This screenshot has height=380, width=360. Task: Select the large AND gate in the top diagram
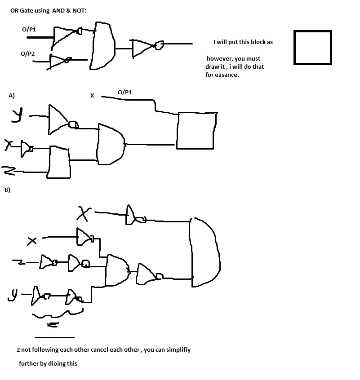click(x=103, y=46)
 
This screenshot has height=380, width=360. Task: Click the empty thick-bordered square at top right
click(x=312, y=48)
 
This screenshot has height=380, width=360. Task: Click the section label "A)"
click(x=12, y=96)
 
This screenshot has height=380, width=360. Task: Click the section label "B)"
click(x=7, y=190)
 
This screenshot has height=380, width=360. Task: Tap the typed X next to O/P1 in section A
click(x=92, y=96)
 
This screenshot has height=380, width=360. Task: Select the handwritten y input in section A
click(x=18, y=115)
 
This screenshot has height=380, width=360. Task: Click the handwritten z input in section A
click(x=8, y=171)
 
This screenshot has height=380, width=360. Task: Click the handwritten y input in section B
click(x=14, y=295)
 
